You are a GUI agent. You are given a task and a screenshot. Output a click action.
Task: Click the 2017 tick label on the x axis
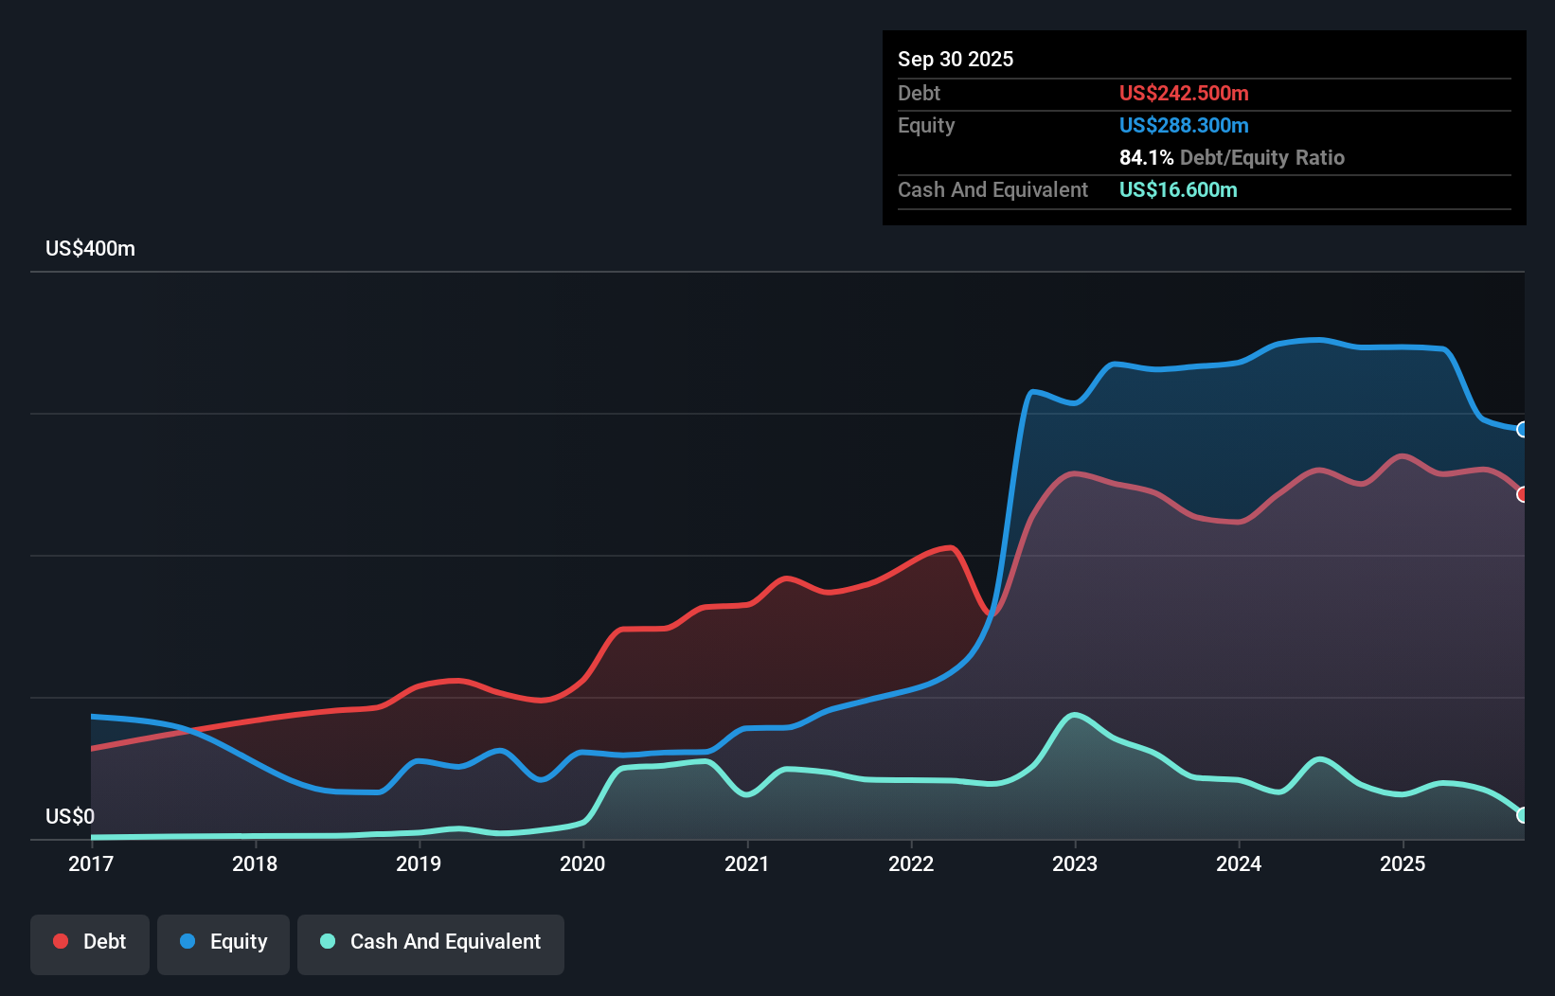point(91,863)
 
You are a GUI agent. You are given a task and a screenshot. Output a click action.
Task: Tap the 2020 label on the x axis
point(582,863)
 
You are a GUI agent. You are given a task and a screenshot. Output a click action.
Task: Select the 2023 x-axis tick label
point(1075,863)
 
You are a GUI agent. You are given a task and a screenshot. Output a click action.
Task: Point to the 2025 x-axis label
point(1403,863)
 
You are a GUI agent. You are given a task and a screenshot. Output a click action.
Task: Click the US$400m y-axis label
point(90,249)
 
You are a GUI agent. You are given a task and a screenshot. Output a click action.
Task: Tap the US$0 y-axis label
point(70,816)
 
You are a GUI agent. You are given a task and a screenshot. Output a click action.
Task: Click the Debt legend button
point(90,942)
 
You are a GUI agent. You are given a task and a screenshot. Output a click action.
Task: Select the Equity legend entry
point(223,942)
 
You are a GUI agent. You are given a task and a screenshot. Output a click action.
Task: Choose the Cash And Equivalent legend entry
point(431,942)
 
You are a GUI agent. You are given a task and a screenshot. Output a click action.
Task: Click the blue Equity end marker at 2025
point(1522,430)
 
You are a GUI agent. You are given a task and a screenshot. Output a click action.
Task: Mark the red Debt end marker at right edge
point(1522,494)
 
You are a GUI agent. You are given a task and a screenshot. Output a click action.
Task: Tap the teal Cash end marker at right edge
point(1522,815)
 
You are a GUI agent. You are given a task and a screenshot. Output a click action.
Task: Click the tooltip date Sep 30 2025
point(956,60)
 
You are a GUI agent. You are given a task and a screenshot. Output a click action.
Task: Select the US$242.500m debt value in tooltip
point(1184,94)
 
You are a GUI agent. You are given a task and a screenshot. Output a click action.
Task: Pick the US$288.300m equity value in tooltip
point(1184,126)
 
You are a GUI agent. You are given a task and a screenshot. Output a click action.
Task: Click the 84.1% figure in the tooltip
point(1146,158)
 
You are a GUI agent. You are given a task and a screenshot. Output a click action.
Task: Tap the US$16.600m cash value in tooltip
point(1178,190)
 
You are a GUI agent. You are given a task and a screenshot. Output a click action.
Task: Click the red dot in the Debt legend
point(61,941)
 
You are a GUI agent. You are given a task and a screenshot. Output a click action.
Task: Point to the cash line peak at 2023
point(1074,715)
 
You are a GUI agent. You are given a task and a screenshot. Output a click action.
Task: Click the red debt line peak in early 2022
point(949,547)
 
